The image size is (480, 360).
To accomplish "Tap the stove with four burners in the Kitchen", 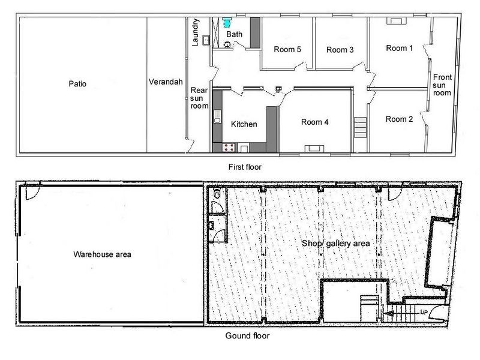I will (229, 146).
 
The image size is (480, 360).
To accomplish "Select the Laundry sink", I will (205, 41).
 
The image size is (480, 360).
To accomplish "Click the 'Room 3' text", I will (340, 50).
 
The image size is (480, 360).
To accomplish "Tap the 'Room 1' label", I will (400, 48).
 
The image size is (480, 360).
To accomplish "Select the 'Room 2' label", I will (400, 119).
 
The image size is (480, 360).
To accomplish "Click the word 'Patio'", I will (77, 84).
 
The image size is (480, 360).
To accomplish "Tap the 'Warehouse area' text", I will (102, 254).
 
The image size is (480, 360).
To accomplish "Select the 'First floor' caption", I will (245, 166).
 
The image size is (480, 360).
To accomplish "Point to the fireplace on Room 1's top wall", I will (397, 20).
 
